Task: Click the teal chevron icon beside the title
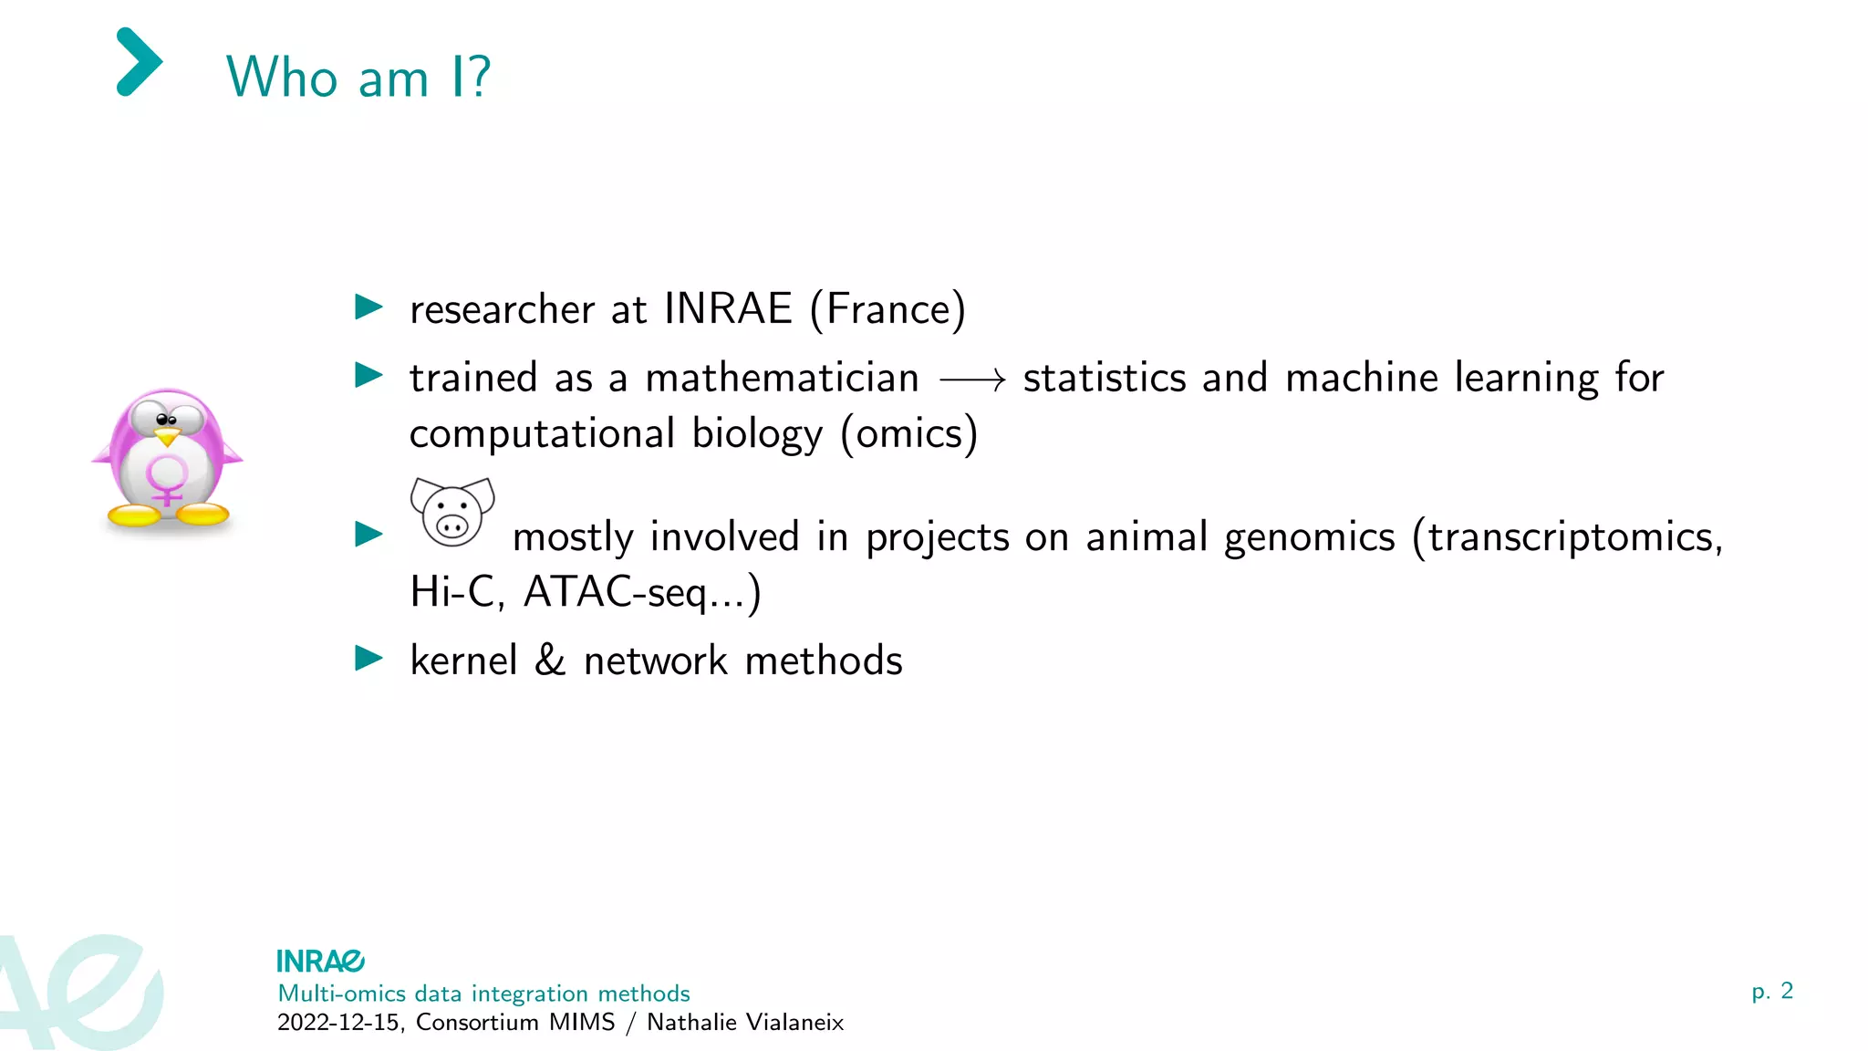(x=140, y=62)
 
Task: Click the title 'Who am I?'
(x=358, y=77)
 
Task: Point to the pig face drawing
(x=452, y=512)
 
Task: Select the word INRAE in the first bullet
(x=728, y=308)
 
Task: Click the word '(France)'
(x=887, y=309)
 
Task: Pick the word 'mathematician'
(x=782, y=378)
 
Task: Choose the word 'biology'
(x=757, y=433)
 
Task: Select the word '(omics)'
(x=908, y=433)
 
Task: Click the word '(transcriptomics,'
(x=1567, y=537)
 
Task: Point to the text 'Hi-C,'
(x=456, y=592)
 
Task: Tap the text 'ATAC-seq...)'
(x=642, y=592)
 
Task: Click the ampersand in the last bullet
(x=550, y=660)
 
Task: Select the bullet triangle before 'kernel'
(x=368, y=658)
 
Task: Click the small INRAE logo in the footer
(x=320, y=961)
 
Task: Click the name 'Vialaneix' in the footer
(x=793, y=1022)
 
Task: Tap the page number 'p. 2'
(x=1772, y=991)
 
